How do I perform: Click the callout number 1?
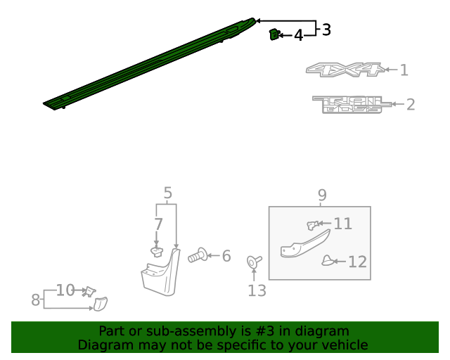click(x=404, y=70)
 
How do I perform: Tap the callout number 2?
click(x=411, y=105)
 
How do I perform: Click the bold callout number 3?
click(x=326, y=30)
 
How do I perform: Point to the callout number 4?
click(x=298, y=35)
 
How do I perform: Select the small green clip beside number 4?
click(x=274, y=33)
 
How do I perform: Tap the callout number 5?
click(x=167, y=193)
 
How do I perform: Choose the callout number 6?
click(x=226, y=257)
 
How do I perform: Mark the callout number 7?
click(x=158, y=225)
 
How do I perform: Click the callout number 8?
click(x=36, y=300)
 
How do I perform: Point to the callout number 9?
click(x=322, y=195)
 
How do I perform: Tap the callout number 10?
click(x=65, y=290)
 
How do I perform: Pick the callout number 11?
click(x=342, y=224)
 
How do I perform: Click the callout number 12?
click(x=357, y=262)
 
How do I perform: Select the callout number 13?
click(x=257, y=290)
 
